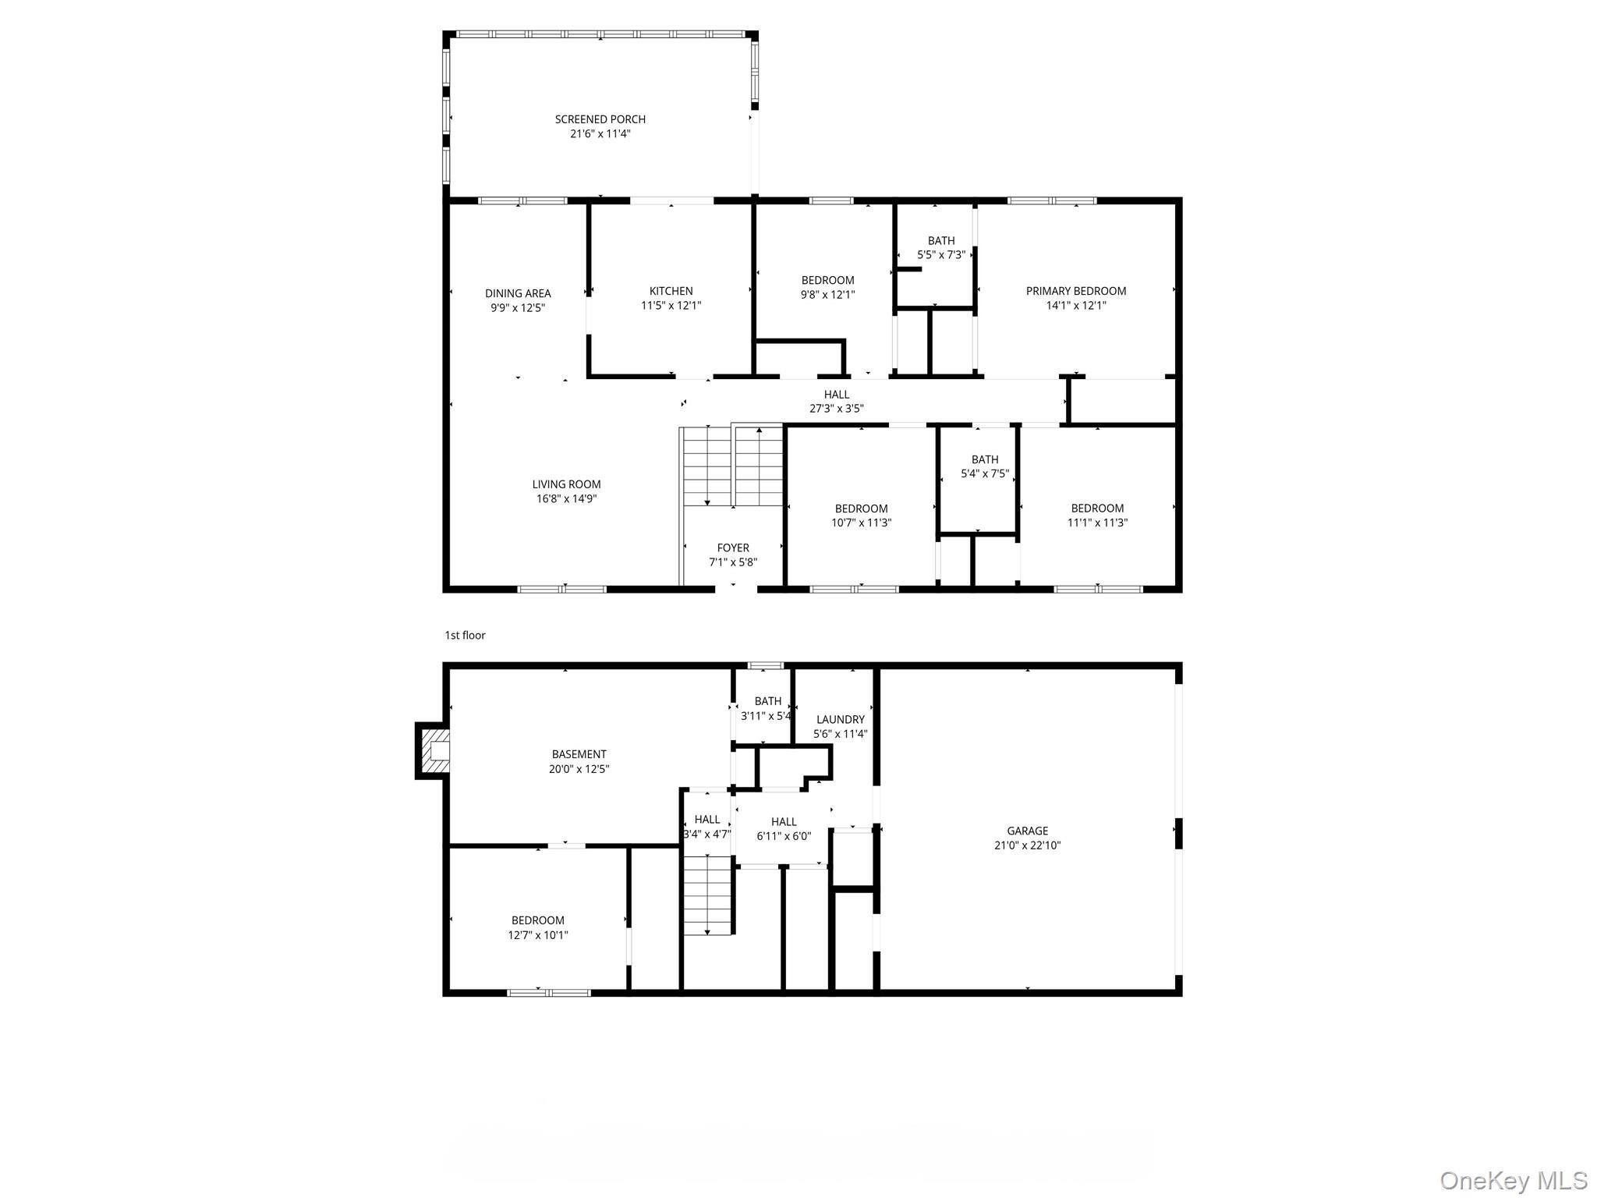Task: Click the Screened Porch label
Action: coord(600,119)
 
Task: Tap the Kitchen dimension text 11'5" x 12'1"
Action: coord(671,306)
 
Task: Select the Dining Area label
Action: coord(518,293)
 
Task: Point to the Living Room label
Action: coord(566,484)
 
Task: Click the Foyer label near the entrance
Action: coord(733,548)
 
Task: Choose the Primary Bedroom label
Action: coord(1075,291)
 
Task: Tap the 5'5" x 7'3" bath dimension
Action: coord(941,255)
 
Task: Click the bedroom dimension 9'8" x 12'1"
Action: coord(827,295)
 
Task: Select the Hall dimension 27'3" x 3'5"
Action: coord(836,409)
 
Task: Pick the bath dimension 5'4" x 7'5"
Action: coord(985,473)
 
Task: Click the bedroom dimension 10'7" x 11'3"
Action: coord(861,523)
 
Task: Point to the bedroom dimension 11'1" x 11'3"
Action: coord(1097,523)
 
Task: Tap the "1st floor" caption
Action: coord(465,636)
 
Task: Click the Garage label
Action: coord(1027,831)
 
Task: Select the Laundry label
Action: coord(840,719)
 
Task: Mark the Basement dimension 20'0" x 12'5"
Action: coord(579,769)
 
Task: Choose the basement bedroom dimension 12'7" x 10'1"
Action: coord(538,935)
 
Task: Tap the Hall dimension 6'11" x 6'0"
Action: coord(784,836)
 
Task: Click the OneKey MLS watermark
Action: coord(1513,1181)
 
